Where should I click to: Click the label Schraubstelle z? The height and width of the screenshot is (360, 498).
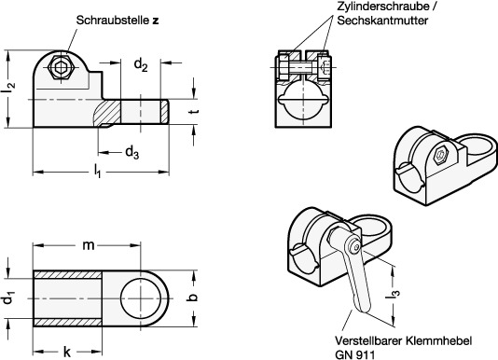click(118, 20)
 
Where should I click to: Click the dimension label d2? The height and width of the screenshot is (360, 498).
click(141, 65)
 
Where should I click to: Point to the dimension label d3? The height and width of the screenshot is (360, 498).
click(132, 153)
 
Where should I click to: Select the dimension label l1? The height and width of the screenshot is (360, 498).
click(97, 172)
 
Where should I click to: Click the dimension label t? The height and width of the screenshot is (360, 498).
click(195, 112)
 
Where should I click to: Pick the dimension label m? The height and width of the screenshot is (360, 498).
click(89, 245)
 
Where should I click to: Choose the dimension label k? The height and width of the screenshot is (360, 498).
click(67, 352)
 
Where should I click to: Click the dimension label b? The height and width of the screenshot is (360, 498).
click(193, 298)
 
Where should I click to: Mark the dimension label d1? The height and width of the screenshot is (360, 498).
click(8, 299)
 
